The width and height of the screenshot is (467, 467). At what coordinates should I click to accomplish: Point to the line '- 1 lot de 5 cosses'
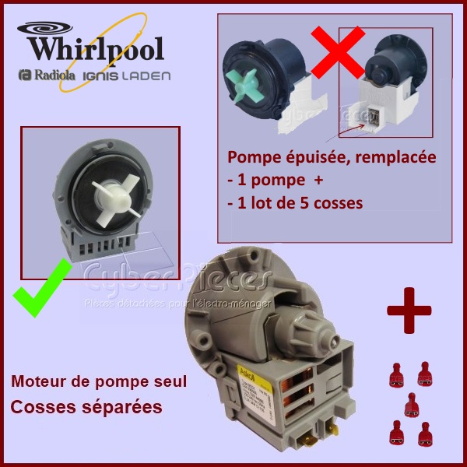click(x=296, y=204)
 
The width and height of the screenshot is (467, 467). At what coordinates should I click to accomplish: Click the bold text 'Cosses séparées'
click(x=86, y=407)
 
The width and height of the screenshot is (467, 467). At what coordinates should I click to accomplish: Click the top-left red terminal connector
click(x=394, y=377)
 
